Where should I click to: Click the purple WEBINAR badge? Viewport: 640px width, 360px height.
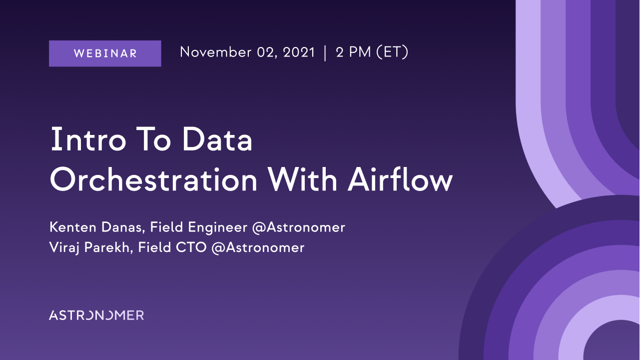click(x=105, y=53)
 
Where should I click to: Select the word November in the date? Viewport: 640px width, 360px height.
click(x=216, y=52)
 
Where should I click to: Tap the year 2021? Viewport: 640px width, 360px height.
click(x=299, y=52)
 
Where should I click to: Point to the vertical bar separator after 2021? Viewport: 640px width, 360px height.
click(x=325, y=53)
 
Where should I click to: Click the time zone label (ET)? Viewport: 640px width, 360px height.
click(x=392, y=52)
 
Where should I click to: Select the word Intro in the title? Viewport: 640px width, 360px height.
click(x=88, y=139)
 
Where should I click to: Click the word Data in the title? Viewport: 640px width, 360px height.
click(x=217, y=139)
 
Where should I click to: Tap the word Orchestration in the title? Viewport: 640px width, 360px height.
click(x=153, y=179)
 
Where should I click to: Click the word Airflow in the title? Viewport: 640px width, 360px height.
click(x=400, y=179)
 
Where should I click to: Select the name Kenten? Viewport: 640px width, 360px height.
click(x=73, y=227)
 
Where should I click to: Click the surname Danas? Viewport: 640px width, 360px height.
click(x=122, y=227)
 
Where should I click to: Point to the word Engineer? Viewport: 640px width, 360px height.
click(x=218, y=228)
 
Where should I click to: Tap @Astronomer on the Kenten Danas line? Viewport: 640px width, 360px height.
click(x=299, y=227)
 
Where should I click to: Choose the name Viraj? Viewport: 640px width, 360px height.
click(x=64, y=248)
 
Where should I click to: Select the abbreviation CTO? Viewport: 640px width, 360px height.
click(x=191, y=247)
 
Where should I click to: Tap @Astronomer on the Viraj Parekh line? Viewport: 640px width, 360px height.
click(x=258, y=247)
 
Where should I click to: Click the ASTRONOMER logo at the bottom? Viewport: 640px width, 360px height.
click(x=96, y=315)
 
